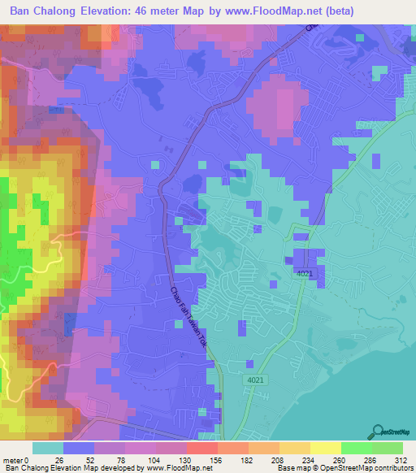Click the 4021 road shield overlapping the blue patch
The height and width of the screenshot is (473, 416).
point(305,275)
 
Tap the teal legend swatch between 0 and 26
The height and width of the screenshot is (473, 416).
point(48,448)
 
